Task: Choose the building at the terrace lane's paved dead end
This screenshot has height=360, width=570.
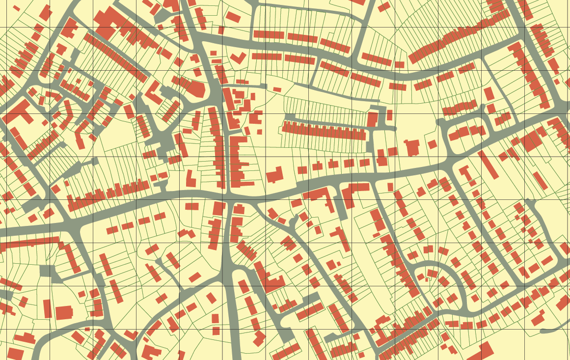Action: (x=373, y=119)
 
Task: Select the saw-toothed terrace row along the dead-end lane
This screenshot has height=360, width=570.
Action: (x=324, y=131)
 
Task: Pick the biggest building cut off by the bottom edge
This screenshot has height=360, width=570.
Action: (x=481, y=352)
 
